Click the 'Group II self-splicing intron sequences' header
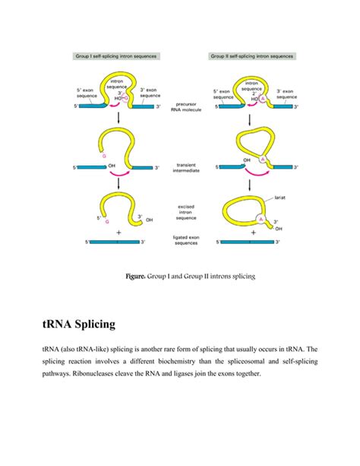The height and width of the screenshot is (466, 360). pos(252,55)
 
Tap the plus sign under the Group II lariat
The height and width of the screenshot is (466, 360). pos(253,232)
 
